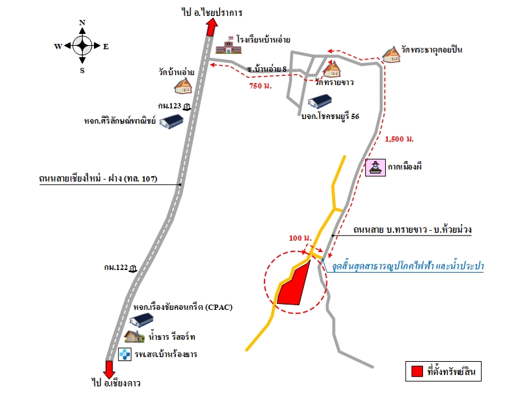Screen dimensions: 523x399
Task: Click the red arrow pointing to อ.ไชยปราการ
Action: click(211, 27)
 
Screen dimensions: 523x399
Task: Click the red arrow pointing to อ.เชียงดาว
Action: click(109, 369)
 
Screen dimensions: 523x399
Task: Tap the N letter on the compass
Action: click(82, 23)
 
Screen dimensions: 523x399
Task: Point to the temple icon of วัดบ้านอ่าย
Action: click(183, 86)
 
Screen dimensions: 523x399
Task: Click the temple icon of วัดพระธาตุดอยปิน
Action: click(391, 54)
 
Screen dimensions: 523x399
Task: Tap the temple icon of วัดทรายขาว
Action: click(332, 68)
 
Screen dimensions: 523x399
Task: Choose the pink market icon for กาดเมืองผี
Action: click(376, 168)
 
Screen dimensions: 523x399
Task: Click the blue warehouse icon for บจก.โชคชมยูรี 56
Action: click(320, 101)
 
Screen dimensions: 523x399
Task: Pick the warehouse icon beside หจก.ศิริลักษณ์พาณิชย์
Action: click(171, 121)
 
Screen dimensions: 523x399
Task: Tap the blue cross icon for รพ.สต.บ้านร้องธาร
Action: click(125, 354)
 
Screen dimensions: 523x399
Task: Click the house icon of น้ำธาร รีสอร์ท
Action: click(135, 336)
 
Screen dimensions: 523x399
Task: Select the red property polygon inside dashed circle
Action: click(294, 284)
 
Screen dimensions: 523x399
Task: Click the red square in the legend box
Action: click(417, 371)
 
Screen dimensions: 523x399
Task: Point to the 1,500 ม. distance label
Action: click(399, 139)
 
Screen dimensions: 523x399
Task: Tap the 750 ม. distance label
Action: click(261, 86)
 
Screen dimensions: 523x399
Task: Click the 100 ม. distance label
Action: click(300, 238)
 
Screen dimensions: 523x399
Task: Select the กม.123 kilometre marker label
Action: click(169, 106)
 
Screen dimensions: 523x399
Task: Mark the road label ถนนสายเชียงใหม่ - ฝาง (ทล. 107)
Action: click(98, 179)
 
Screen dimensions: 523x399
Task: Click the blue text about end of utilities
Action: click(408, 266)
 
